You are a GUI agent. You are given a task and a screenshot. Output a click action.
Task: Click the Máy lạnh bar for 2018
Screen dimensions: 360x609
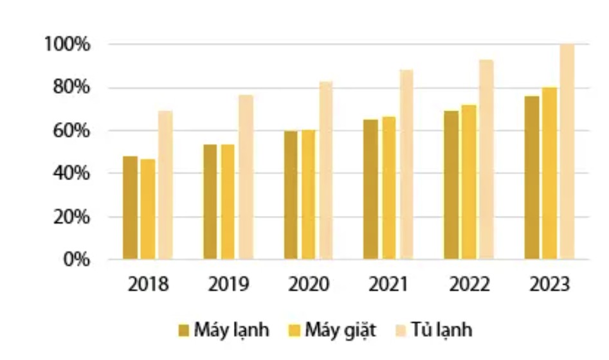pos(130,208)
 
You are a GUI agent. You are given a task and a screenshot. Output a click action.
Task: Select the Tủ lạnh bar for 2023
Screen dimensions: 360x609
pos(567,152)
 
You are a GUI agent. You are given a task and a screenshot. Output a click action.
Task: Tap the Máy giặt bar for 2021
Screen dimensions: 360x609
pos(388,188)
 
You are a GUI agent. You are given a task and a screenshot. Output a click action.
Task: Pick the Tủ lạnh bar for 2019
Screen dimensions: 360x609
pos(246,177)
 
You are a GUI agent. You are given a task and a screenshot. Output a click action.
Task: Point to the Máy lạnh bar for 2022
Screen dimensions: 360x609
pos(451,185)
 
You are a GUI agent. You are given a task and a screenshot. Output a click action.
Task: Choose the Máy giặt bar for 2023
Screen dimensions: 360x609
pos(549,173)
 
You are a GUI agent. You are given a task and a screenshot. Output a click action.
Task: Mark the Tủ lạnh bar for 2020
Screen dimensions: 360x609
pos(326,170)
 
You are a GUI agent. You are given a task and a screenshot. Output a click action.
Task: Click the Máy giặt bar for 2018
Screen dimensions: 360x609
pos(148,209)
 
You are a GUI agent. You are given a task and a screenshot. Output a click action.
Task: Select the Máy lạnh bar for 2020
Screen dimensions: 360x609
pos(291,195)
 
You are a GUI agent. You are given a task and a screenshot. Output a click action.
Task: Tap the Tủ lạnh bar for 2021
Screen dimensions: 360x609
pos(406,165)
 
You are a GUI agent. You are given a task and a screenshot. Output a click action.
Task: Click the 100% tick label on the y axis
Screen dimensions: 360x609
pos(67,44)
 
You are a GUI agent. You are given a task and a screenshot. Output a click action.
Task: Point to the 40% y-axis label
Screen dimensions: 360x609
pos(71,174)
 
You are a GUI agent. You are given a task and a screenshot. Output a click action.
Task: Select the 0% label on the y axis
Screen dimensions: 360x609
pos(76,260)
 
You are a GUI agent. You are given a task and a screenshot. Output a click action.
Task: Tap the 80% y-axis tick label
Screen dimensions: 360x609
pos(71,87)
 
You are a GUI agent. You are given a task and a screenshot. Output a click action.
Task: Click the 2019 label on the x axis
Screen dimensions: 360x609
pos(228,284)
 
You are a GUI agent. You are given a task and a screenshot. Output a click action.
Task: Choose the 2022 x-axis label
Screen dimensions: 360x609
pos(469,284)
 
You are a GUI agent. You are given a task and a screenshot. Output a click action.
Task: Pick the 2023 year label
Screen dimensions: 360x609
pos(549,284)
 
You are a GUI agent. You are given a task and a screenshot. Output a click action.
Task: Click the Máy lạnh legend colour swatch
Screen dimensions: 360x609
pos(183,330)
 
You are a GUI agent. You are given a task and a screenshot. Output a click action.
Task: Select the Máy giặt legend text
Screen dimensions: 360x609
pos(341,330)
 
